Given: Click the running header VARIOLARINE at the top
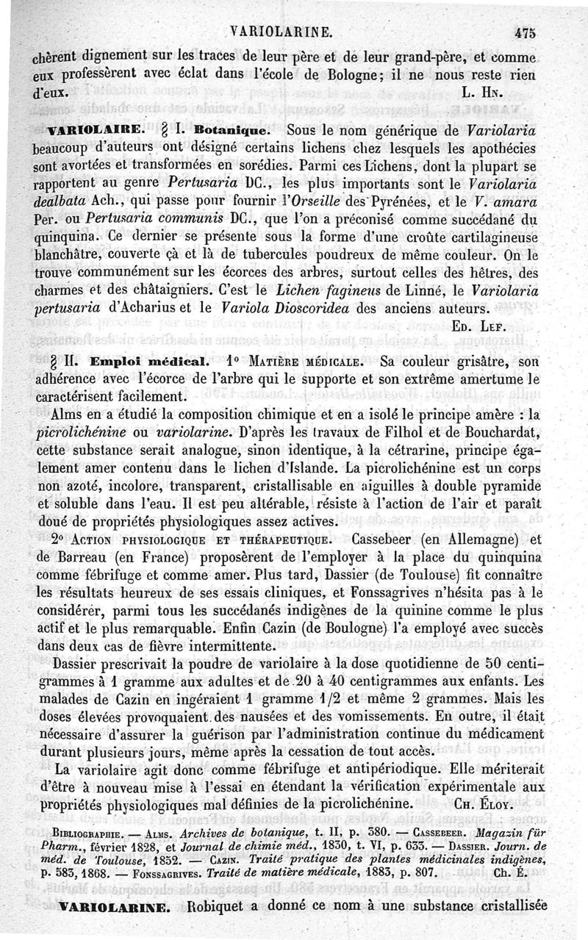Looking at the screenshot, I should pos(282,32).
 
